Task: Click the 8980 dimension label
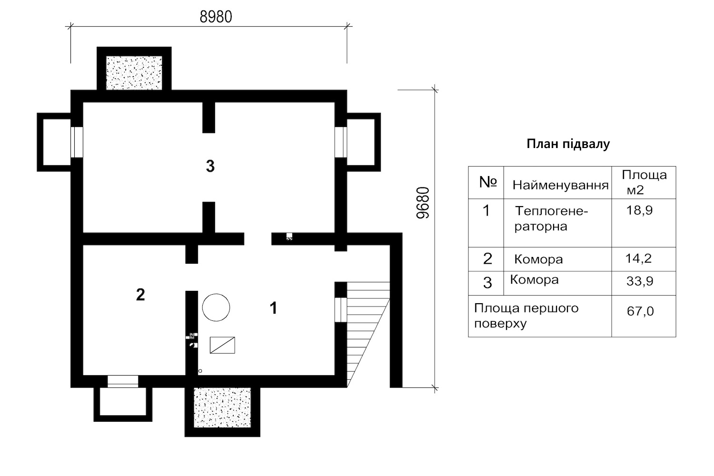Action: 216,17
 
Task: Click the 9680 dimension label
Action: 423,203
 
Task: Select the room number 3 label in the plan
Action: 210,166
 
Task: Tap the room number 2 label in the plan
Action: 140,295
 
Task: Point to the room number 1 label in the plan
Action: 273,308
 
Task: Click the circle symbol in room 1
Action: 216,307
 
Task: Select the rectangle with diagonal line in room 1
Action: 222,345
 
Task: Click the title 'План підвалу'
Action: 568,144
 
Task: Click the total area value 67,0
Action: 640,311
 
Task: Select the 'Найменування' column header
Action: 560,185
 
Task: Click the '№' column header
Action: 488,182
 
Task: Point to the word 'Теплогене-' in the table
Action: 551,211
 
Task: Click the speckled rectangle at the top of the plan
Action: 134,73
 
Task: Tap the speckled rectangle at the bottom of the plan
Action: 222,407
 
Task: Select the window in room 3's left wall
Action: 77,142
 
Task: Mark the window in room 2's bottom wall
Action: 123,381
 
